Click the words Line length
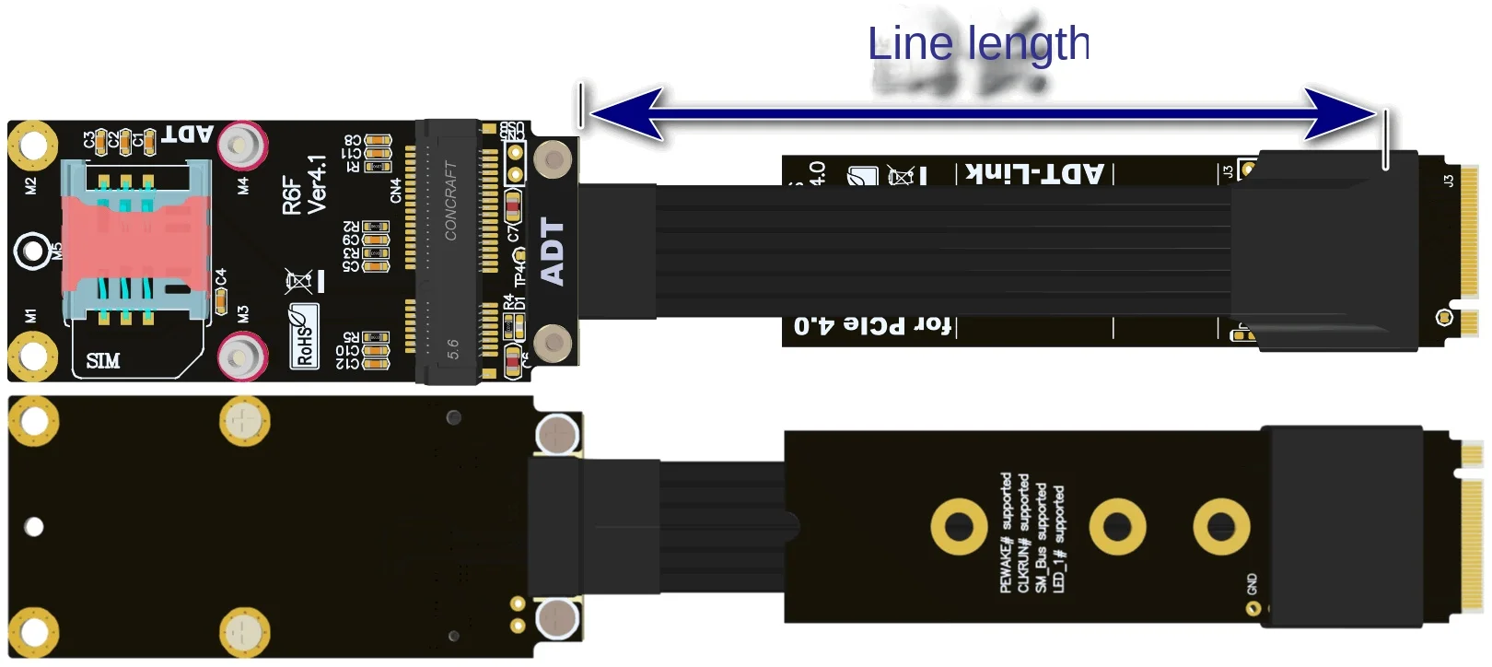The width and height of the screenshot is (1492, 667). (x=978, y=44)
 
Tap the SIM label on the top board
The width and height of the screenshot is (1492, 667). (x=102, y=360)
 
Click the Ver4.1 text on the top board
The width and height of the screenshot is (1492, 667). (x=317, y=184)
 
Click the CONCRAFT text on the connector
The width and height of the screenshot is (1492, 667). (x=450, y=201)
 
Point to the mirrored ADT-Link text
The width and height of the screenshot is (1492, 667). (x=1034, y=173)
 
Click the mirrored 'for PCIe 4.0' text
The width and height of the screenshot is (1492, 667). (x=871, y=325)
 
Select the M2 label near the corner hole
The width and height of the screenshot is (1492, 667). (x=30, y=185)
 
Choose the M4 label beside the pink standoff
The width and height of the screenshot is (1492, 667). (x=242, y=185)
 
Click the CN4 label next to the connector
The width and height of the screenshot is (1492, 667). (x=396, y=191)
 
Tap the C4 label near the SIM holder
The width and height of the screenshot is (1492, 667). (x=220, y=277)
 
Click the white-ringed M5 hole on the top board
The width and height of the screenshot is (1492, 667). (x=32, y=250)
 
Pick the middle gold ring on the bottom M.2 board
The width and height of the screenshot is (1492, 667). (x=1117, y=527)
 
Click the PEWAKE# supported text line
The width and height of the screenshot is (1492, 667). (x=1006, y=532)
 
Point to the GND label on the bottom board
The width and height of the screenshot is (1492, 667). (x=1252, y=583)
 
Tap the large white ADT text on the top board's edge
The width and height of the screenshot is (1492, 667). (x=552, y=251)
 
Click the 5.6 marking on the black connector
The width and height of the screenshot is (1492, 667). (x=452, y=348)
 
